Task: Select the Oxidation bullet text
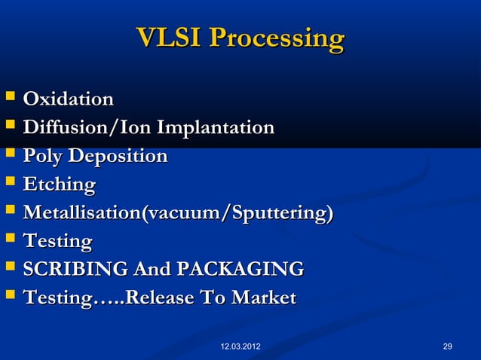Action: coord(69,99)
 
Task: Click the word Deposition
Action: coord(118,157)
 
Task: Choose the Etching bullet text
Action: coord(60,185)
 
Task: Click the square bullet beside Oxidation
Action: coord(9,99)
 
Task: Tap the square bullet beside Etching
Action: coord(9,185)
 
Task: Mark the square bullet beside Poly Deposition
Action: coord(9,157)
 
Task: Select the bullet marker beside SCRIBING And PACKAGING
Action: coord(9,270)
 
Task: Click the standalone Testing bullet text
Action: coord(57,242)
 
